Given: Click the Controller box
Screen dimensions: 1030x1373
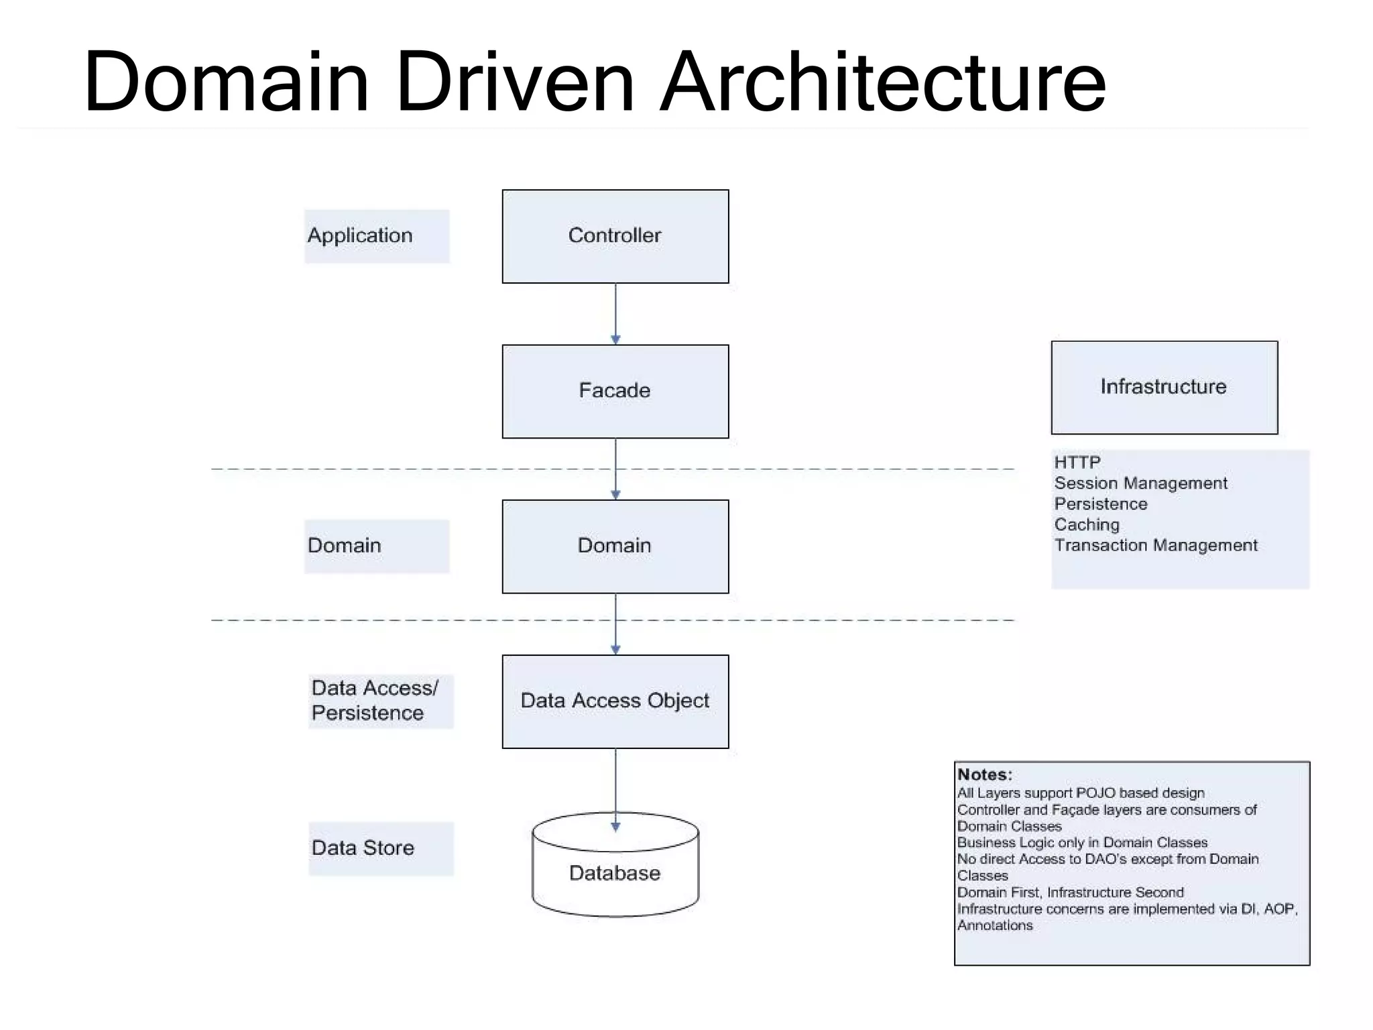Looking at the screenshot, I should point(615,236).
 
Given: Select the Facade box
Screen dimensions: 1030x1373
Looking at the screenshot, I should point(615,391).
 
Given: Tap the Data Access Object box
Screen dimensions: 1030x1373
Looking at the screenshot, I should point(615,701).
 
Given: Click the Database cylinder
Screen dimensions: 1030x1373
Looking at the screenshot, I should point(615,872).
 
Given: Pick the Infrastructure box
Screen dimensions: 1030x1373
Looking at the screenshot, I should point(1164,387).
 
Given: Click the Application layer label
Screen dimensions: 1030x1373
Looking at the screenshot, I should point(376,236).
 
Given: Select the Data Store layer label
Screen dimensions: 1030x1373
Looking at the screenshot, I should point(380,848).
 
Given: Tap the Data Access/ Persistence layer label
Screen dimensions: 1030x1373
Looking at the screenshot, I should point(380,701).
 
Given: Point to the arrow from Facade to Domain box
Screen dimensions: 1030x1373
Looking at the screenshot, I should point(615,469).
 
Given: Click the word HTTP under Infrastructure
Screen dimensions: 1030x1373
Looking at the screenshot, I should point(1077,462).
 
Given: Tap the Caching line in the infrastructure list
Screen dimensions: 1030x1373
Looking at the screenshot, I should point(1087,524).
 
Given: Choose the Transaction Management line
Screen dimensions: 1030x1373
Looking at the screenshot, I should point(1156,545).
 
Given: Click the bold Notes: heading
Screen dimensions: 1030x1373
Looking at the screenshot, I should point(984,775).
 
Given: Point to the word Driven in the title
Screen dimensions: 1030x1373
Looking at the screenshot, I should point(514,82).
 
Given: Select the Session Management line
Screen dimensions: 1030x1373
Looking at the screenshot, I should point(1140,483).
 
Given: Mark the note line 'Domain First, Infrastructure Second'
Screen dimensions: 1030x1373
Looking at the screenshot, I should point(1070,893).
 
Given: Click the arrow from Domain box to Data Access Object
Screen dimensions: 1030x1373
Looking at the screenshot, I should point(615,624).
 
